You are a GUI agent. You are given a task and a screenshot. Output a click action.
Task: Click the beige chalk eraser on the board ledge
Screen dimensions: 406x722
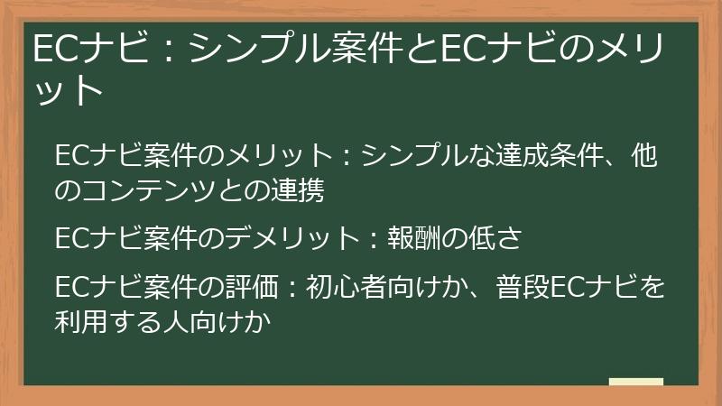point(635,382)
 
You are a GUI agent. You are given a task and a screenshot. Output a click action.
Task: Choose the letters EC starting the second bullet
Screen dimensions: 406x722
point(71,238)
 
